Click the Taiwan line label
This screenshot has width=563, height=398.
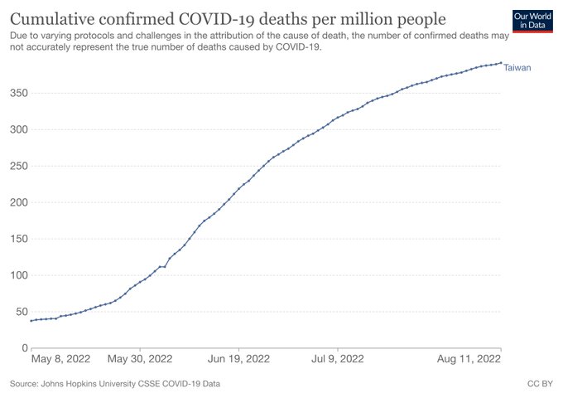coord(517,67)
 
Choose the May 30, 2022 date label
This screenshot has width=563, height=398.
coord(140,360)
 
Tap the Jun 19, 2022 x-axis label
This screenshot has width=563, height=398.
coord(238,360)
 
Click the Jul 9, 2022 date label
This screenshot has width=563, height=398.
coord(337,360)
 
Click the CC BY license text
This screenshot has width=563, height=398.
coord(540,385)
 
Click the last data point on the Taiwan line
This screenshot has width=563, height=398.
coord(500,62)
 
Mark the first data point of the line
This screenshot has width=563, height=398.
coord(31,321)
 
